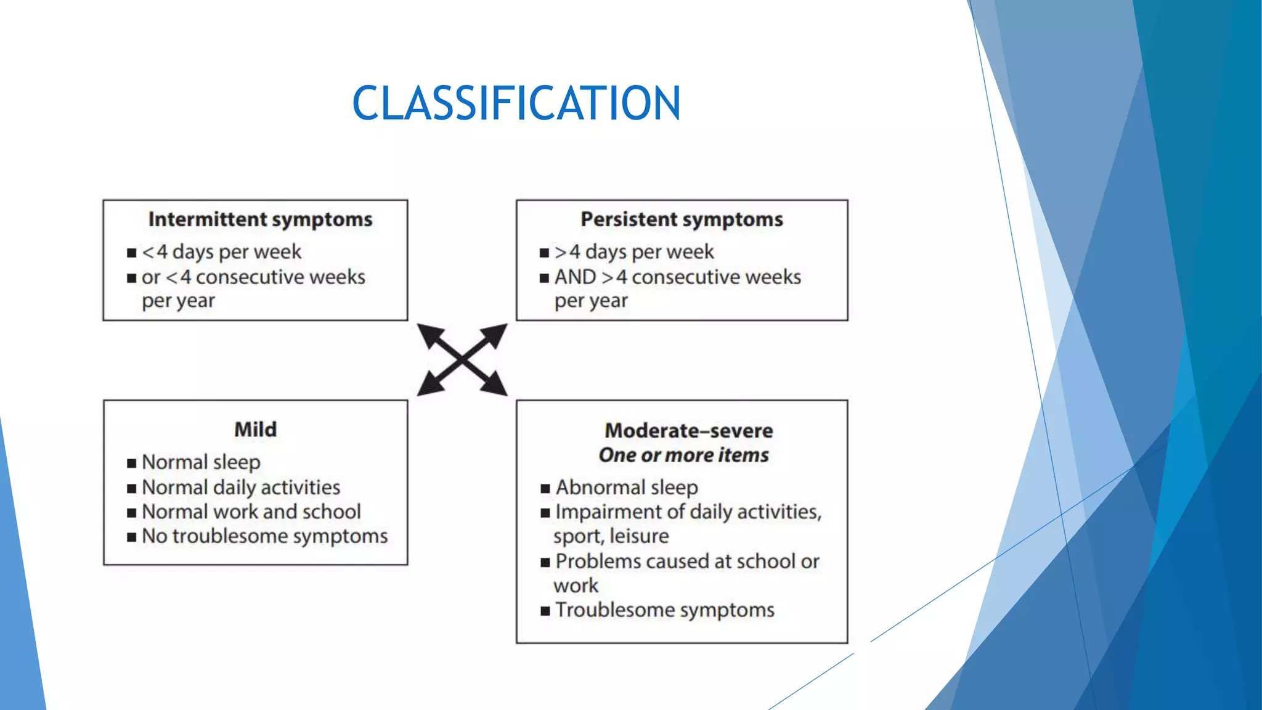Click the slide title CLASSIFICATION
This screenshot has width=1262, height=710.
pyautogui.click(x=516, y=103)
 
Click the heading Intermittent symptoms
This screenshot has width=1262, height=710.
pyautogui.click(x=260, y=219)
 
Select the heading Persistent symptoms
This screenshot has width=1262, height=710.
pyautogui.click(x=682, y=219)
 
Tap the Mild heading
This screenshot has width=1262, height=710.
pyautogui.click(x=255, y=430)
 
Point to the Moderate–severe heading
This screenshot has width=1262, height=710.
pyautogui.click(x=688, y=430)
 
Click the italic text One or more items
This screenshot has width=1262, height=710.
pyautogui.click(x=683, y=455)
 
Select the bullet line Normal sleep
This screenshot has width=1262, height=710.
pyautogui.click(x=201, y=462)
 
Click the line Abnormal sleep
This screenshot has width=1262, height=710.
pyautogui.click(x=627, y=488)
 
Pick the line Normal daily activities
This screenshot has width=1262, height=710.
pyautogui.click(x=240, y=488)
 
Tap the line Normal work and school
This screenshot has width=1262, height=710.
pyautogui.click(x=251, y=512)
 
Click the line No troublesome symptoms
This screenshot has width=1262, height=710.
pyautogui.click(x=264, y=536)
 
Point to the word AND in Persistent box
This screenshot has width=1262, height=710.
pyautogui.click(x=575, y=277)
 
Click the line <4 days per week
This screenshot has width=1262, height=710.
pyautogui.click(x=221, y=252)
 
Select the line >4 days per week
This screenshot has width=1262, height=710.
pyautogui.click(x=634, y=252)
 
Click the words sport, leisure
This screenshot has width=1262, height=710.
pyautogui.click(x=611, y=536)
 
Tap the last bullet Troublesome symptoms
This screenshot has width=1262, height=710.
pyautogui.click(x=664, y=610)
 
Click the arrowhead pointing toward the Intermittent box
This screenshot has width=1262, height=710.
pyautogui.click(x=429, y=335)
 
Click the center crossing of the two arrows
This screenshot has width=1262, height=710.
pyautogui.click(x=462, y=359)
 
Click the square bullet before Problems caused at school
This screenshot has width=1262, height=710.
pyautogui.click(x=545, y=562)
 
